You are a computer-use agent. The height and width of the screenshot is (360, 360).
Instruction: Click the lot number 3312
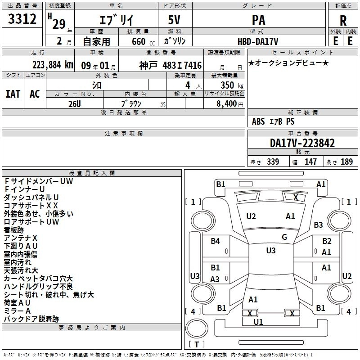[x=22, y=19]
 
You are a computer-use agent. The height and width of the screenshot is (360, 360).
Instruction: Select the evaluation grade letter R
[x=343, y=21]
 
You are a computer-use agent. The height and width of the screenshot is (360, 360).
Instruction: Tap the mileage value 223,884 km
[x=53, y=65]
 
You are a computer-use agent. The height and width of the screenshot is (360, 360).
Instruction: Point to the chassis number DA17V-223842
[x=302, y=143]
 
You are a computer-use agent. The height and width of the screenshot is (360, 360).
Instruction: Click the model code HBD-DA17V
[x=258, y=41]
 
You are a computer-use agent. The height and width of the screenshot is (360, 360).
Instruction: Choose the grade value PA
[x=258, y=20]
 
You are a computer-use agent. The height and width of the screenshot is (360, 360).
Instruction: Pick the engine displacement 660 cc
[x=143, y=42]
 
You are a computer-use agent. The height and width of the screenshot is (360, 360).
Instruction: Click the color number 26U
[x=74, y=104]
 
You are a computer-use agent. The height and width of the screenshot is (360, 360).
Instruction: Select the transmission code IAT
[x=13, y=94]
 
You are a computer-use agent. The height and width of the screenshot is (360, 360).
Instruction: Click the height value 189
[x=346, y=162]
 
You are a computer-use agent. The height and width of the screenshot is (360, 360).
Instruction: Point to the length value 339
[x=273, y=162]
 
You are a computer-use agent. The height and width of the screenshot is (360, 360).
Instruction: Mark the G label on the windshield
[x=284, y=237]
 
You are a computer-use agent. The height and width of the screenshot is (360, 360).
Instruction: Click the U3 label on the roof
[x=271, y=251]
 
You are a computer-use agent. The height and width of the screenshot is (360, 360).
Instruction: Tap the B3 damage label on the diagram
[x=318, y=225]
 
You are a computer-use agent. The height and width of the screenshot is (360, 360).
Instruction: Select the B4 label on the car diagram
[x=216, y=241]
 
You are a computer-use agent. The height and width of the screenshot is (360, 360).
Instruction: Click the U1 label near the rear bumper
[x=258, y=322]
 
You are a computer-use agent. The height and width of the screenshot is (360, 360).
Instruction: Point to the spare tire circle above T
[x=197, y=328]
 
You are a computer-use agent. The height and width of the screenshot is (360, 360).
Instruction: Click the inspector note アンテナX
[x=20, y=238]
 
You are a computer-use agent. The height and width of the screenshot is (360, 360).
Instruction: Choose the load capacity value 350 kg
[x=232, y=85]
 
